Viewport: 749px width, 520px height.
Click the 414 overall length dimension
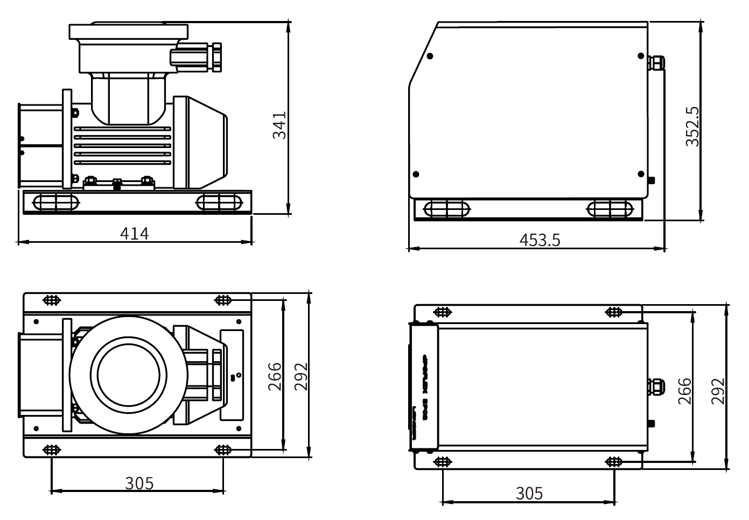click(134, 233)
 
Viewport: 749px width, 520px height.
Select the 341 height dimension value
click(279, 125)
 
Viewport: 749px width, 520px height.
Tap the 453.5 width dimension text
click(540, 240)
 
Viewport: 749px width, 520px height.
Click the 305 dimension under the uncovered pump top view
click(139, 483)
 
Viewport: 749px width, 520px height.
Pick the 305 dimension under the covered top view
click(529, 493)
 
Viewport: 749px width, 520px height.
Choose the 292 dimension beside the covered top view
click(718, 391)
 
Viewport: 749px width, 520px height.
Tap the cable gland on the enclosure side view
click(657, 62)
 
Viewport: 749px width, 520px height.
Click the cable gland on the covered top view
click(656, 386)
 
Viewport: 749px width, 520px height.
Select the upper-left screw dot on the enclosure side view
click(430, 56)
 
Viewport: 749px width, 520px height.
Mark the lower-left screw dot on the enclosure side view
click(415, 174)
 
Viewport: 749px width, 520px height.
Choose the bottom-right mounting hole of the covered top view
click(614, 461)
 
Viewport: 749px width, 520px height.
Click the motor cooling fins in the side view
click(123, 145)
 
